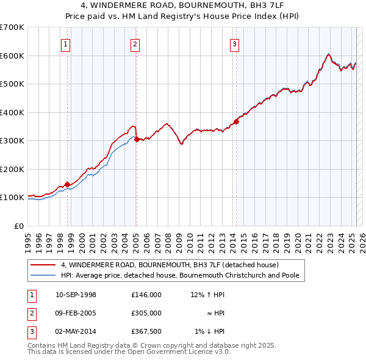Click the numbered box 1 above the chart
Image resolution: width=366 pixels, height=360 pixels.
(x=65, y=44)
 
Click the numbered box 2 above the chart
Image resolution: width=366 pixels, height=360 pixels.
(x=135, y=44)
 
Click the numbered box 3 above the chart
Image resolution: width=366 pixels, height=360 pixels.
(x=234, y=44)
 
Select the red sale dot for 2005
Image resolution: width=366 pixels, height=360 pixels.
(x=136, y=139)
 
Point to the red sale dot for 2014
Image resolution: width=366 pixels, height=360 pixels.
(x=236, y=121)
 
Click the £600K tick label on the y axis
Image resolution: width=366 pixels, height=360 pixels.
(x=12, y=56)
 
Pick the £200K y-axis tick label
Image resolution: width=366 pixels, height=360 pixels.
(x=12, y=169)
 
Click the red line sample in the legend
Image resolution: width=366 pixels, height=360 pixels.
(x=42, y=265)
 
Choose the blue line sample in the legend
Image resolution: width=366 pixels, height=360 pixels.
(x=42, y=275)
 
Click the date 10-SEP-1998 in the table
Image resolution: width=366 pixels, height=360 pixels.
(x=76, y=295)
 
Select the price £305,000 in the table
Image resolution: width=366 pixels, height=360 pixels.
(x=146, y=313)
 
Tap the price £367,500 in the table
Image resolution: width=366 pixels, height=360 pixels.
(x=146, y=331)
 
